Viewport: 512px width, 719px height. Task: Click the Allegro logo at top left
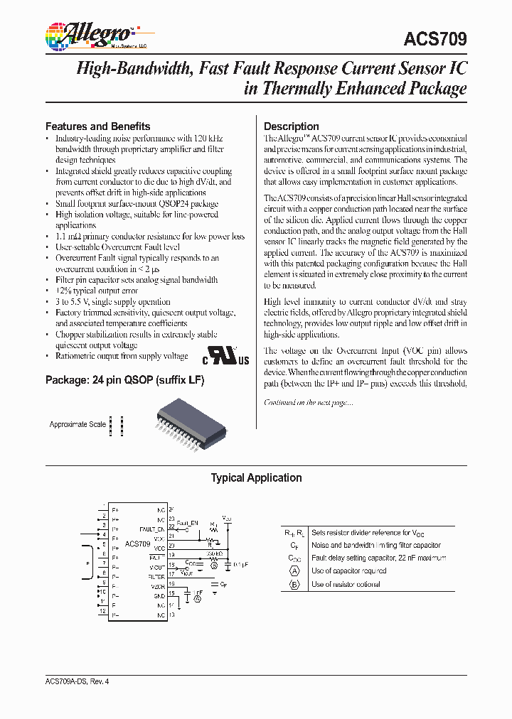click(x=89, y=35)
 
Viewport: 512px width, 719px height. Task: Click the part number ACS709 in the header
click(x=434, y=40)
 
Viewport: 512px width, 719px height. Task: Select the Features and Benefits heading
click(x=98, y=126)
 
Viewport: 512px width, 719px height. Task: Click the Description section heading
click(x=292, y=126)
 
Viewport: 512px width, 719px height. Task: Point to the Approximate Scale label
click(x=78, y=424)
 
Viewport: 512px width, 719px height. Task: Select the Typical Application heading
click(x=256, y=478)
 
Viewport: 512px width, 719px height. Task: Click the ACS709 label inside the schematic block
click(x=137, y=544)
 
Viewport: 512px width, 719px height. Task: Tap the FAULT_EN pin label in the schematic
click(x=152, y=529)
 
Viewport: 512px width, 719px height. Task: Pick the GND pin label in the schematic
click(x=159, y=596)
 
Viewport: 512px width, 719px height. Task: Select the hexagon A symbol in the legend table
click(x=294, y=571)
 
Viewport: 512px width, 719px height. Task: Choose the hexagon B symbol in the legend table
click(x=294, y=584)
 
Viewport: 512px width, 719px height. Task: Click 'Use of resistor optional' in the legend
click(x=346, y=584)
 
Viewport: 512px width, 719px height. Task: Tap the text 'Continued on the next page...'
click(x=308, y=402)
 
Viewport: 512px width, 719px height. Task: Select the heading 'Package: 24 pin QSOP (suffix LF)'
click(x=124, y=380)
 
